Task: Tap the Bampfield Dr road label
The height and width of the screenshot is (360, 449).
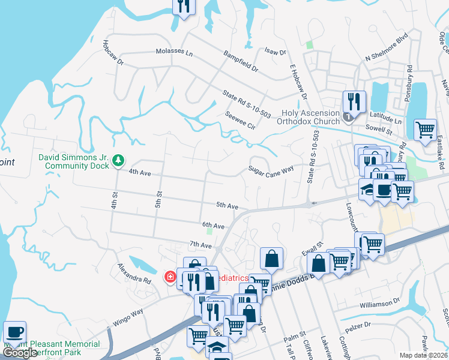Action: click(241, 61)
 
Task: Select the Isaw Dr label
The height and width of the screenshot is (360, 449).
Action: click(275, 52)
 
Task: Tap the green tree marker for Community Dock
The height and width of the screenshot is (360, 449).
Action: click(119, 160)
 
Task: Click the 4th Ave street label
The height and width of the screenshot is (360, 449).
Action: click(140, 172)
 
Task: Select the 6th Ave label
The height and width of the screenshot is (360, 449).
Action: click(213, 226)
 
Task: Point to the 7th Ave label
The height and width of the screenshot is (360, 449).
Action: click(200, 245)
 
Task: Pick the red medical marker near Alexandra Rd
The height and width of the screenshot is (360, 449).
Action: click(170, 277)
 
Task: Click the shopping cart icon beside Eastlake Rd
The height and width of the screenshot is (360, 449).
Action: click(425, 128)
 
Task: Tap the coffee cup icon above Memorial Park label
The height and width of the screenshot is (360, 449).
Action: click(14, 331)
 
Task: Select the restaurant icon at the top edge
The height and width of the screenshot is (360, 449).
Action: click(184, 6)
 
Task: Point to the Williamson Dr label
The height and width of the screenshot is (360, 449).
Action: click(379, 304)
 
